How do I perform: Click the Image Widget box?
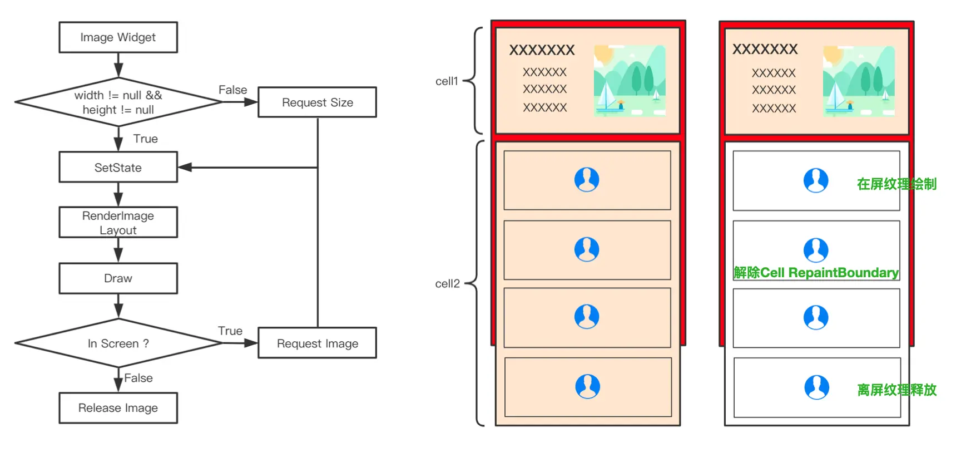[x=118, y=37]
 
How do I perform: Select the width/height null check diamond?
[x=118, y=102]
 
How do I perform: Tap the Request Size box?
[x=318, y=102]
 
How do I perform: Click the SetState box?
[x=118, y=168]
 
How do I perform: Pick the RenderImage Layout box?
[x=118, y=223]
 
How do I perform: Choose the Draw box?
[x=118, y=278]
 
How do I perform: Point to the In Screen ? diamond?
[x=118, y=343]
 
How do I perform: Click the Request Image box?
[x=318, y=343]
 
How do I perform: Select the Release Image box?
[x=118, y=408]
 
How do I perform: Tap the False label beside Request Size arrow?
[x=232, y=90]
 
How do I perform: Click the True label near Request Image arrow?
[x=230, y=331]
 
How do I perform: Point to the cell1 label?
[x=447, y=81]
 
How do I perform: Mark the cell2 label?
[x=448, y=284]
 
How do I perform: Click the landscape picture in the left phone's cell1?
[x=630, y=81]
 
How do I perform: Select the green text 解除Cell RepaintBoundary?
[x=816, y=273]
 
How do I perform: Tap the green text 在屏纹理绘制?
[x=897, y=184]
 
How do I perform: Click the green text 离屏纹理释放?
[x=897, y=390]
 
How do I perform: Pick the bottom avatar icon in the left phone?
[x=588, y=386]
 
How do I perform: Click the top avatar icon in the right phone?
[x=816, y=180]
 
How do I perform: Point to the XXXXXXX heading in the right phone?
[x=765, y=49]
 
